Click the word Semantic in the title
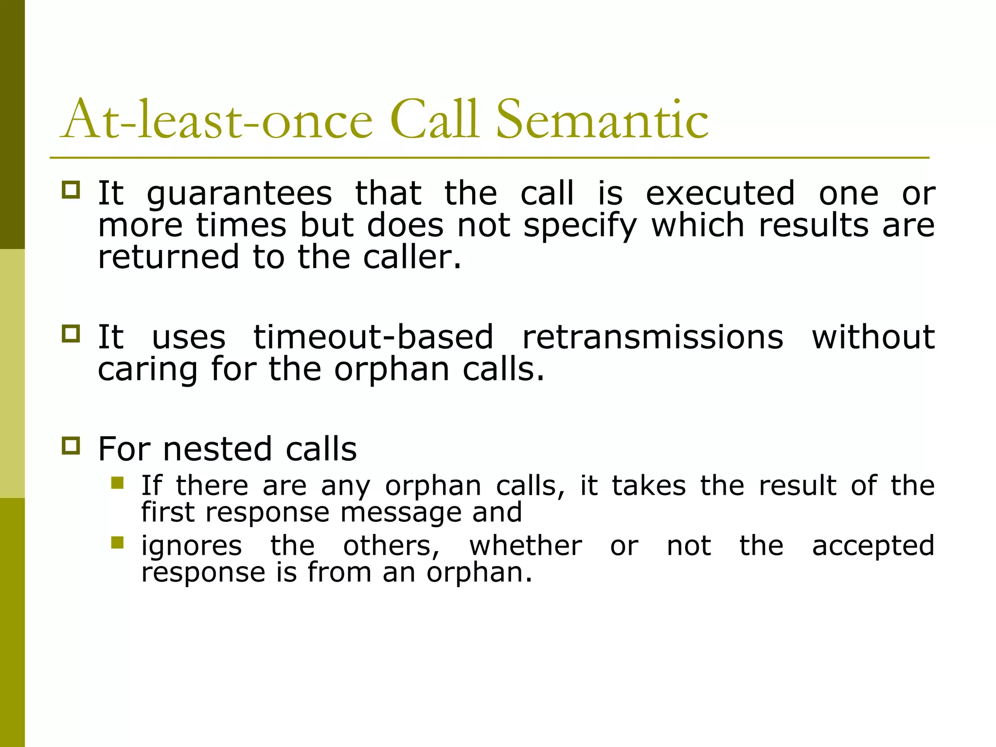click(x=602, y=120)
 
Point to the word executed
click(x=720, y=194)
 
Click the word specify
click(x=580, y=227)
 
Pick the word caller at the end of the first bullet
click(x=411, y=257)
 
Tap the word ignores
click(x=192, y=546)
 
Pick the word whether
click(x=525, y=546)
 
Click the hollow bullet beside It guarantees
click(x=71, y=190)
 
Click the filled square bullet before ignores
click(x=117, y=542)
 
